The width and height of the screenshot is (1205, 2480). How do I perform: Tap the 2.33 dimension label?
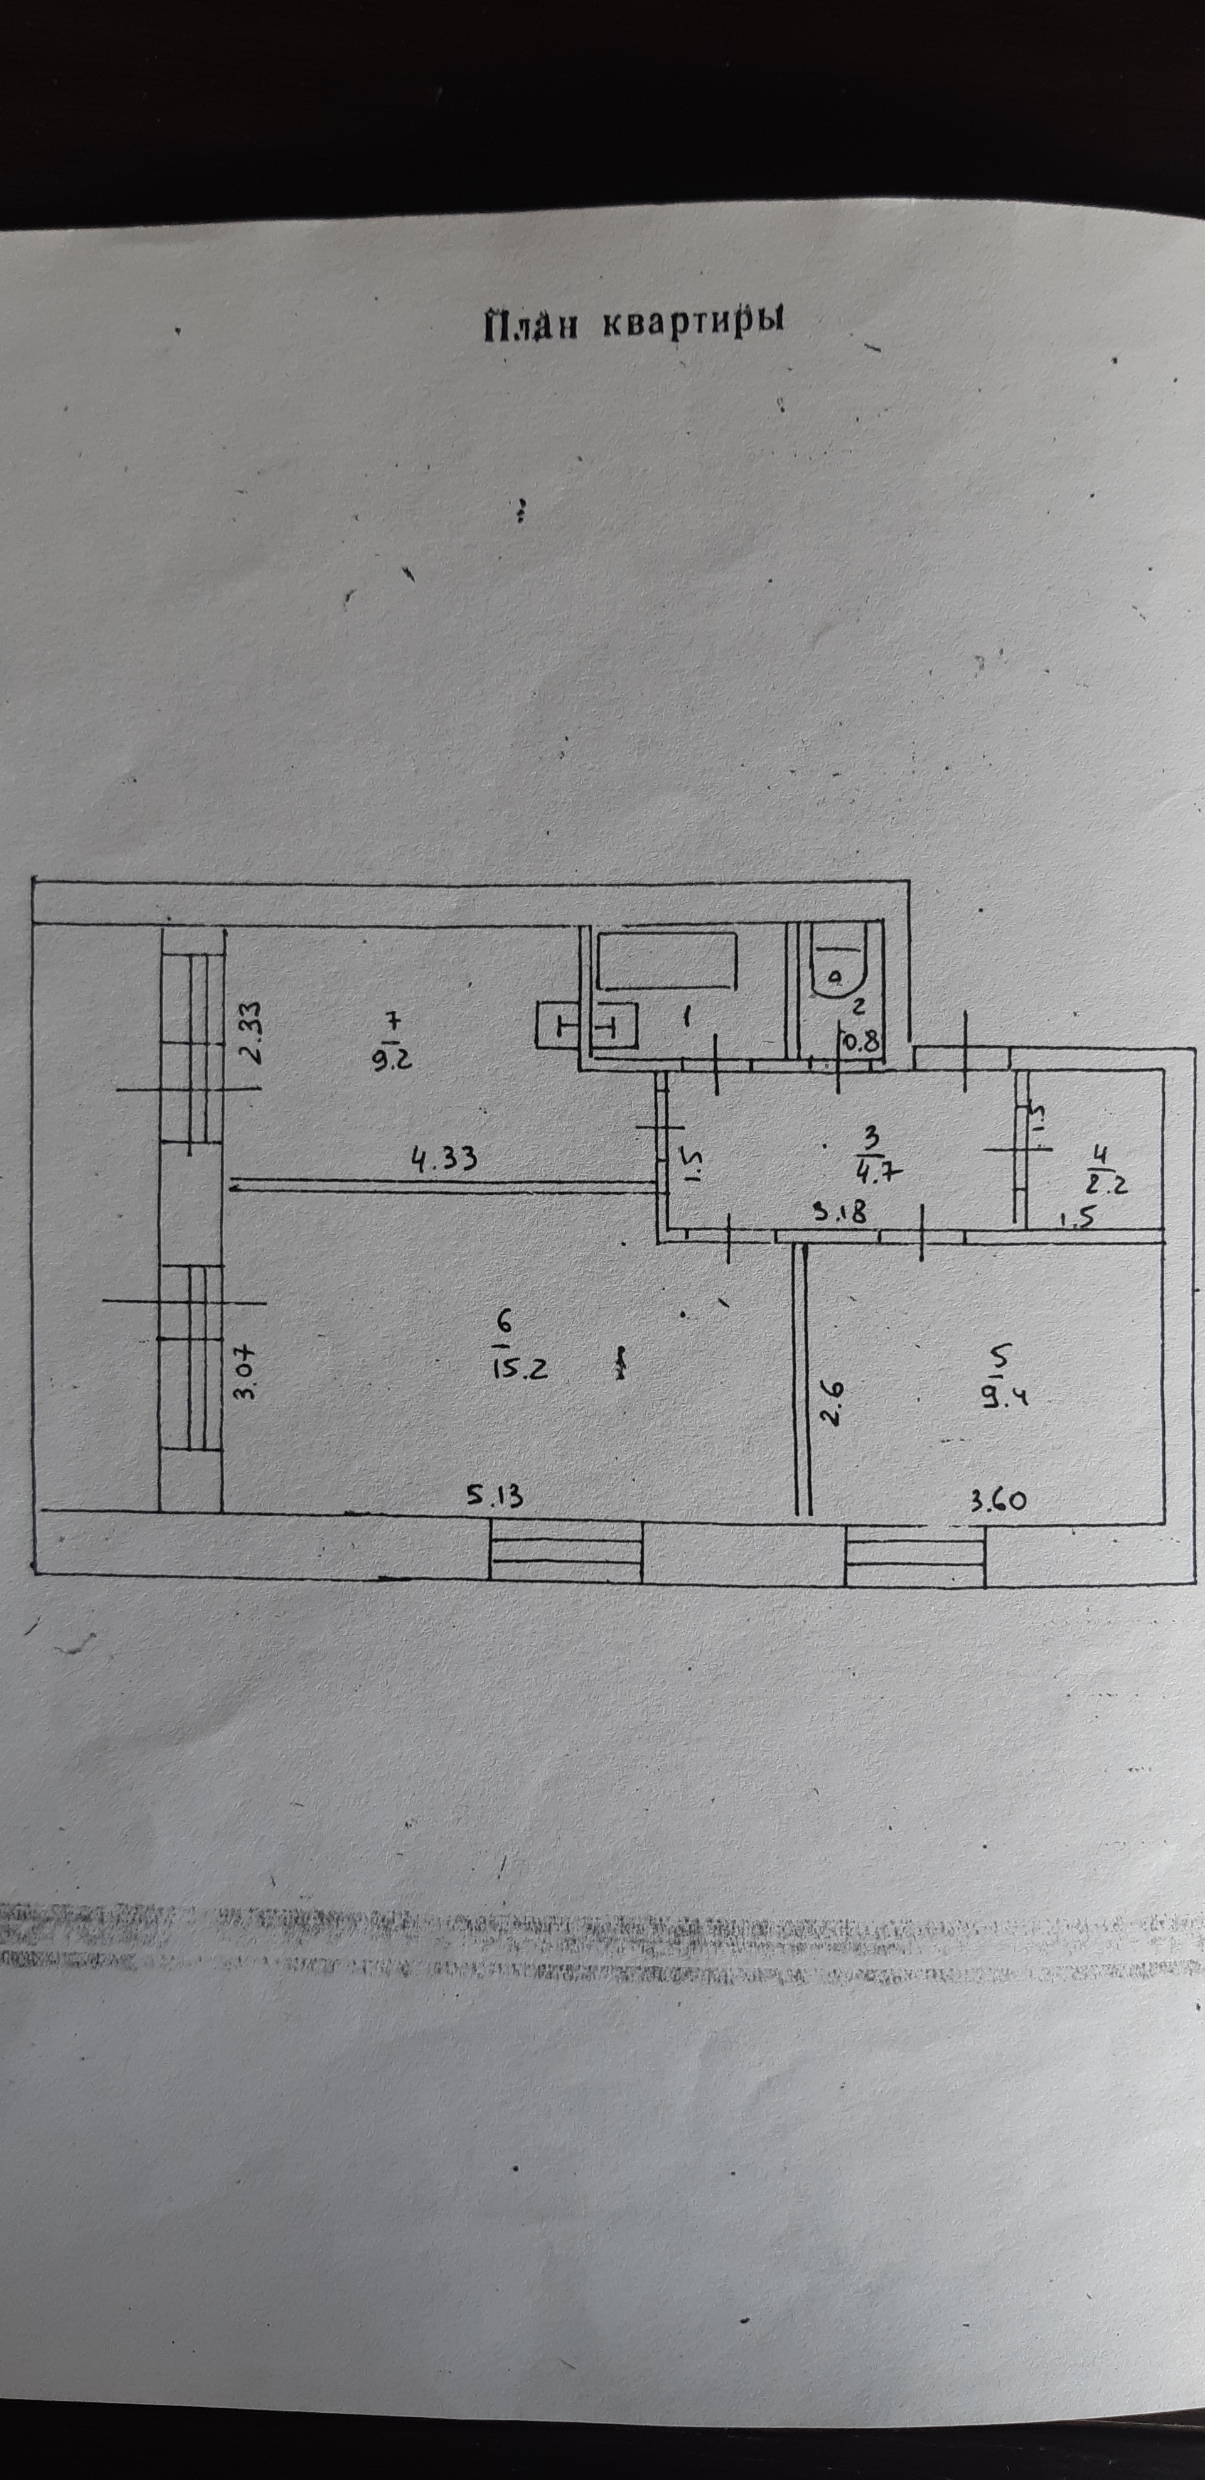point(249,1033)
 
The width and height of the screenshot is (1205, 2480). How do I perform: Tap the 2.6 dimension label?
point(832,1402)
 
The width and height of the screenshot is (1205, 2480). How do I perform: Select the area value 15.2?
point(521,1367)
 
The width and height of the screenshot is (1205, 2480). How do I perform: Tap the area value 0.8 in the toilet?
point(860,1039)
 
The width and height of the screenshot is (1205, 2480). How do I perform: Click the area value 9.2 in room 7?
point(392,1060)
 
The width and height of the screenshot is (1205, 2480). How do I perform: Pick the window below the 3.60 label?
point(915,1555)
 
